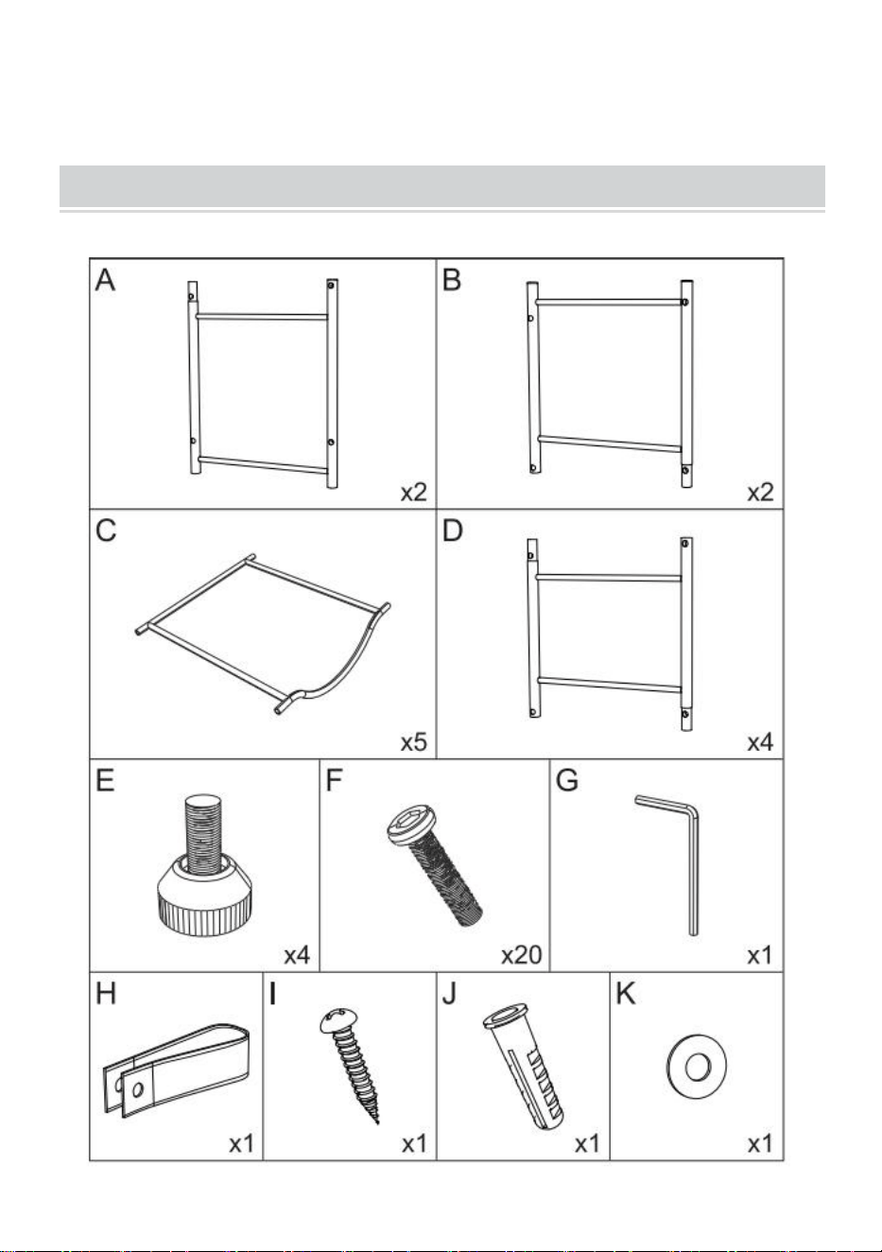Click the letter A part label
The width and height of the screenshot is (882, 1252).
coord(106,281)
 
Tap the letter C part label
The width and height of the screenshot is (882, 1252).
coord(106,530)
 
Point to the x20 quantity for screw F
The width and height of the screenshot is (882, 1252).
coord(522,955)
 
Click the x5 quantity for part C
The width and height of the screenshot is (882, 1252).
coord(414,742)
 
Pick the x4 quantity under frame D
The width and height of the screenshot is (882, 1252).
coord(761,742)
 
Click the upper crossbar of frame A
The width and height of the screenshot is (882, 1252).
coord(261,317)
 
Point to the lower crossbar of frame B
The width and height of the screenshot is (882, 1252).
coord(609,443)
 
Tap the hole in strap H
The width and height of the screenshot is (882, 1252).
coord(137,1088)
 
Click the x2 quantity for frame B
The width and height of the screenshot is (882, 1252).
coord(761,493)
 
